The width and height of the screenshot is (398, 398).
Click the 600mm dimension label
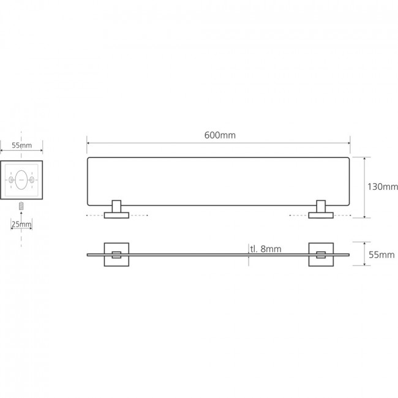[x=220, y=135]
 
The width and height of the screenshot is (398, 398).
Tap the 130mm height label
[x=383, y=187]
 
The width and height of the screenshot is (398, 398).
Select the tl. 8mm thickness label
[x=266, y=249]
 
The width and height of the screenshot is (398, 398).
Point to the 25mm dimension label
[x=21, y=224]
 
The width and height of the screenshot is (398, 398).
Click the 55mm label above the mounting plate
[x=22, y=146]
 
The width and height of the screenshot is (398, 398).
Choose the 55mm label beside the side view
[x=381, y=255]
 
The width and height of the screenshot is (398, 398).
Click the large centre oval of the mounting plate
[x=21, y=179]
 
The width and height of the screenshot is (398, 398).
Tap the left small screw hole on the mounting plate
[x=11, y=179]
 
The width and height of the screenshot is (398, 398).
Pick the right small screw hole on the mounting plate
[x=32, y=179]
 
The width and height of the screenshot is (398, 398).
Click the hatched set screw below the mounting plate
[x=21, y=206]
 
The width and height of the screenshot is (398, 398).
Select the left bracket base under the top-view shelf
[x=116, y=216]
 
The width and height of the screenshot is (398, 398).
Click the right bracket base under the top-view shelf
[x=321, y=216]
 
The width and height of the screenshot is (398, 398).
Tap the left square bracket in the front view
[x=116, y=243]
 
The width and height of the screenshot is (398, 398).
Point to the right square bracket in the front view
[x=321, y=243]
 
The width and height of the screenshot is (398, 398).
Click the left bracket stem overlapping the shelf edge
[x=116, y=206]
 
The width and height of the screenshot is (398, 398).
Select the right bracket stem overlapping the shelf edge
[x=321, y=206]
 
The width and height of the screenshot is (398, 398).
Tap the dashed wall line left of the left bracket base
[x=95, y=216]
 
